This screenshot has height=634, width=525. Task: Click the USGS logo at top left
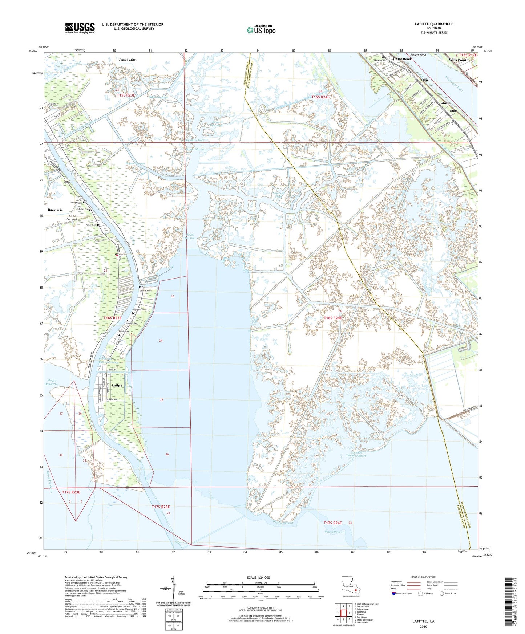pyautogui.click(x=80, y=28)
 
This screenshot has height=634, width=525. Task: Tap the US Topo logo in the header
pyautogui.click(x=261, y=30)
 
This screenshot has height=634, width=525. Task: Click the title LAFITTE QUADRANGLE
pyautogui.click(x=434, y=24)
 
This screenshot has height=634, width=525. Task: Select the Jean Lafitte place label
pyautogui.click(x=128, y=60)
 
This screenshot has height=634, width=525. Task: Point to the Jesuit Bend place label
pyautogui.click(x=401, y=59)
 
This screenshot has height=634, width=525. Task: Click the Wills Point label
pyautogui.click(x=457, y=60)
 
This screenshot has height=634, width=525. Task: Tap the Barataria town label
pyautogui.click(x=55, y=210)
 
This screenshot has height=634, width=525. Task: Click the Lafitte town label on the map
pyautogui.click(x=117, y=385)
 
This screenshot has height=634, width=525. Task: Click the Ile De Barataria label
pyautogui.click(x=72, y=218)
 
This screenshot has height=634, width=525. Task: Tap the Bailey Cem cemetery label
pyautogui.click(x=91, y=225)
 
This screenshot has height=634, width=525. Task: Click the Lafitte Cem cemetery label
pyautogui.click(x=146, y=290)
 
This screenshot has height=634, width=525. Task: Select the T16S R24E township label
pyautogui.click(x=332, y=318)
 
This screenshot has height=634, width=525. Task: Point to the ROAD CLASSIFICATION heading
pyautogui.click(x=423, y=577)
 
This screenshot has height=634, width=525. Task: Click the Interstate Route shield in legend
pyautogui.click(x=394, y=593)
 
